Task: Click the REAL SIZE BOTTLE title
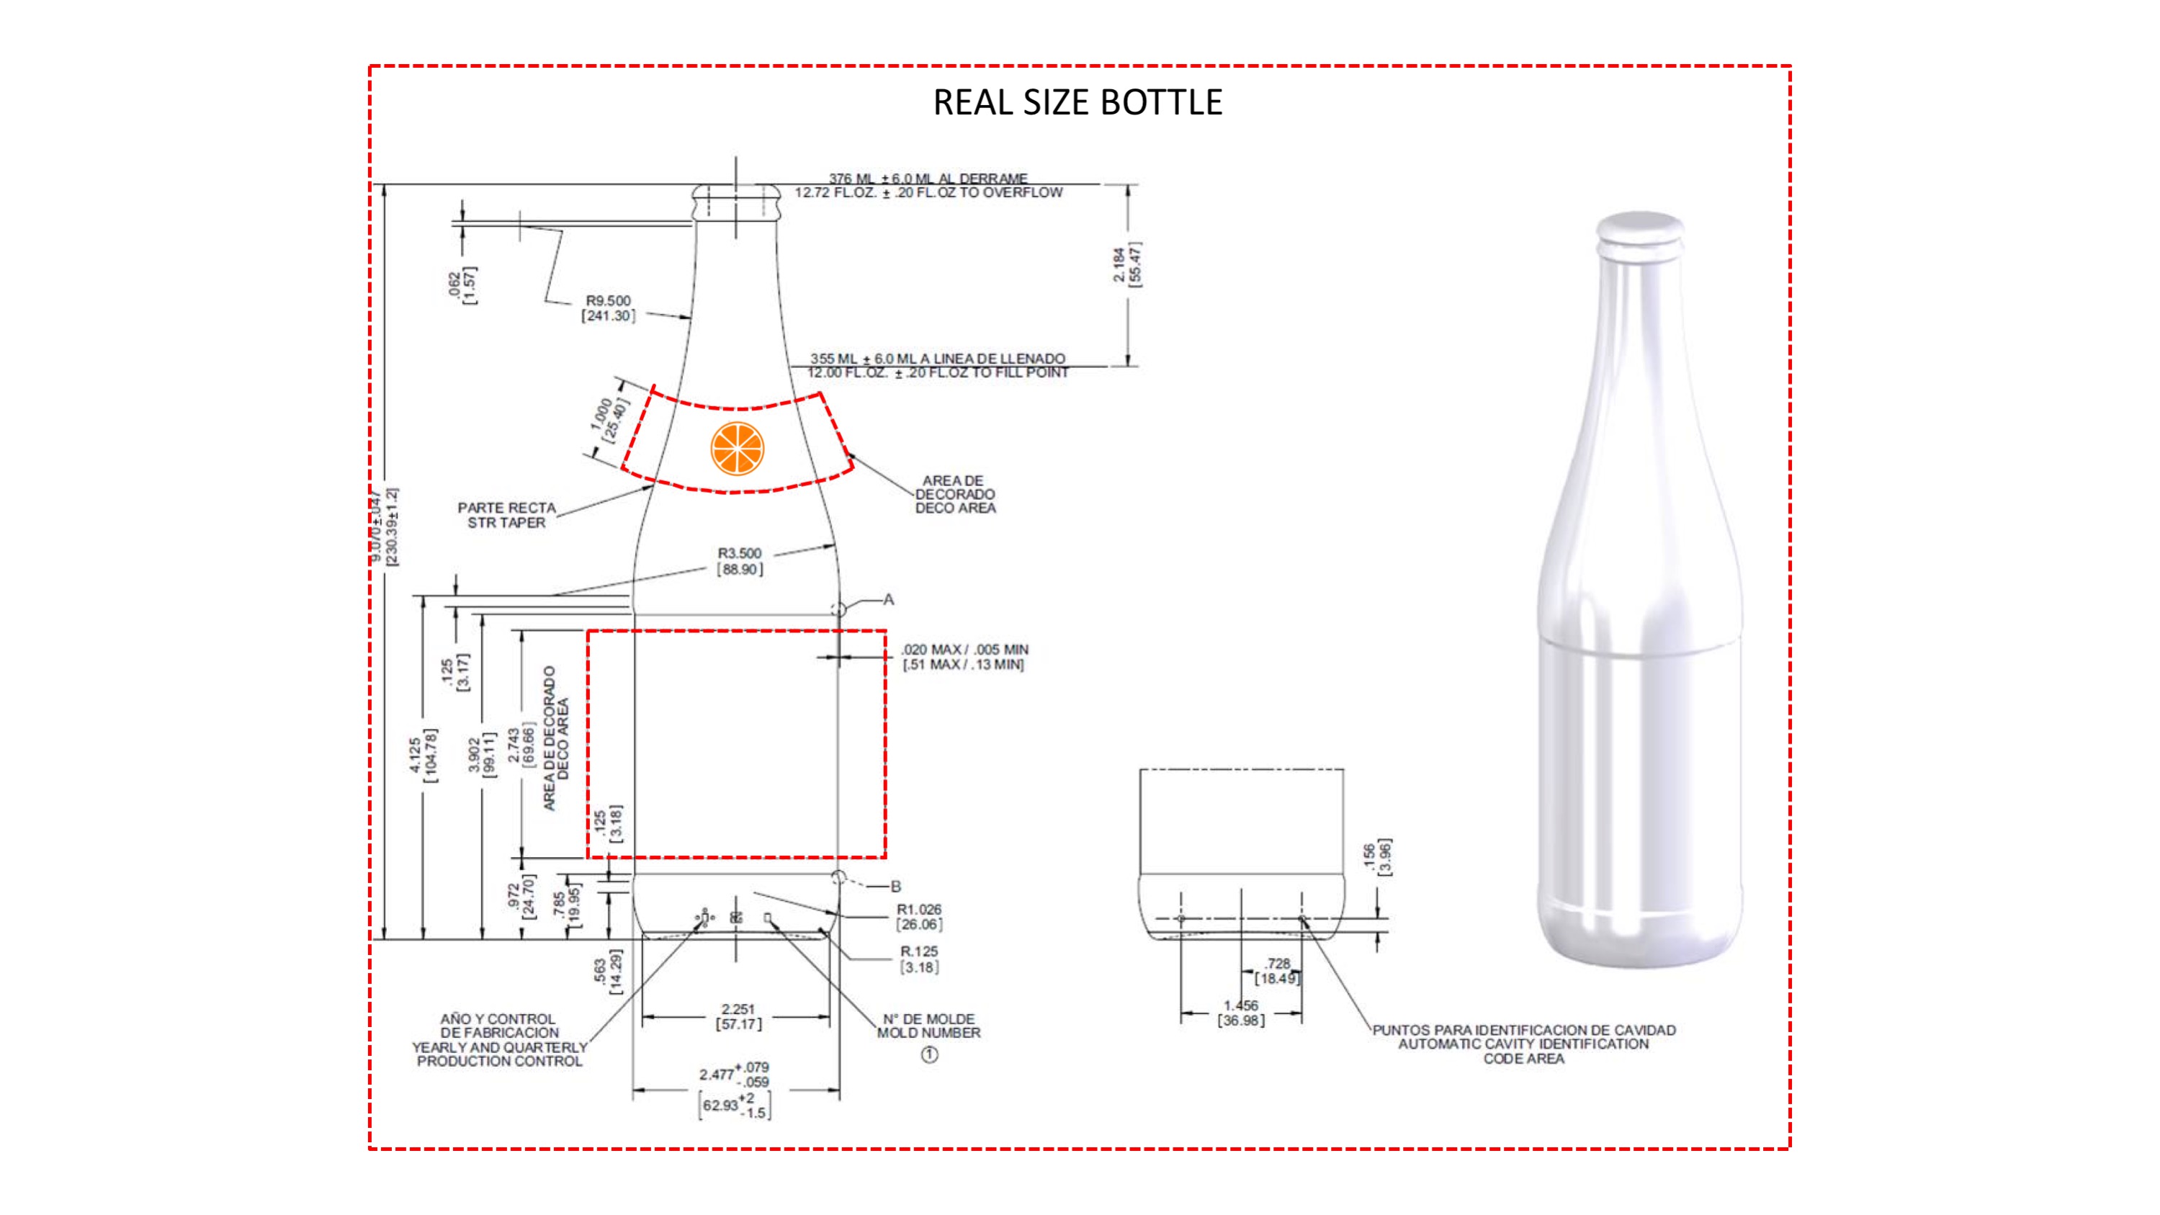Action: (1077, 102)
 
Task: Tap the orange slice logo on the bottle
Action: (737, 449)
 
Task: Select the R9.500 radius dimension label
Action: (608, 308)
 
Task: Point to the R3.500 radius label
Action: (740, 561)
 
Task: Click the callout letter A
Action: (889, 599)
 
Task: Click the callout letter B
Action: (895, 887)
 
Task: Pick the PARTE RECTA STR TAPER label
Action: (506, 515)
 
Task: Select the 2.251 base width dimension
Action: (738, 1016)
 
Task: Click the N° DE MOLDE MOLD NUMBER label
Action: (928, 1026)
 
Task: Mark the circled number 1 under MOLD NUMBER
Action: (929, 1055)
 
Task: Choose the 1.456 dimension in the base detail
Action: (1241, 1012)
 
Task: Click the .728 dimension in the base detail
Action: (1277, 971)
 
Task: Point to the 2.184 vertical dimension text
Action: (1127, 265)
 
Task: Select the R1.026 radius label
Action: (919, 917)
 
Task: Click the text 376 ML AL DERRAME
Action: (928, 179)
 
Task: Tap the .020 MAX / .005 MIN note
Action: (964, 657)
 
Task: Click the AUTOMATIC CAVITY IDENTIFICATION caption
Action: (1523, 1044)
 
